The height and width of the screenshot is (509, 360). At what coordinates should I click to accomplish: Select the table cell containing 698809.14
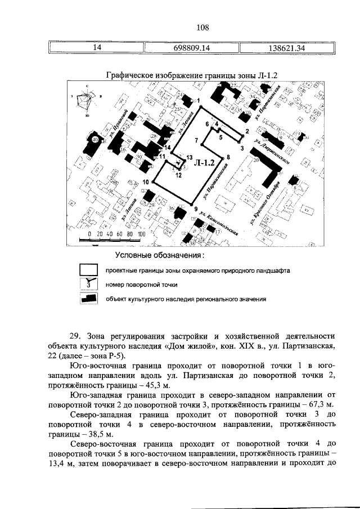coord(188,48)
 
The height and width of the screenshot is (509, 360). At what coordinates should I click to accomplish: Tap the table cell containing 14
coord(97,48)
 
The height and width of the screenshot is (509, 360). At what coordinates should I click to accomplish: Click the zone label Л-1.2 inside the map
coord(204,163)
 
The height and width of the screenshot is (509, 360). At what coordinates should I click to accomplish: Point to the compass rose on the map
coord(86,102)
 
